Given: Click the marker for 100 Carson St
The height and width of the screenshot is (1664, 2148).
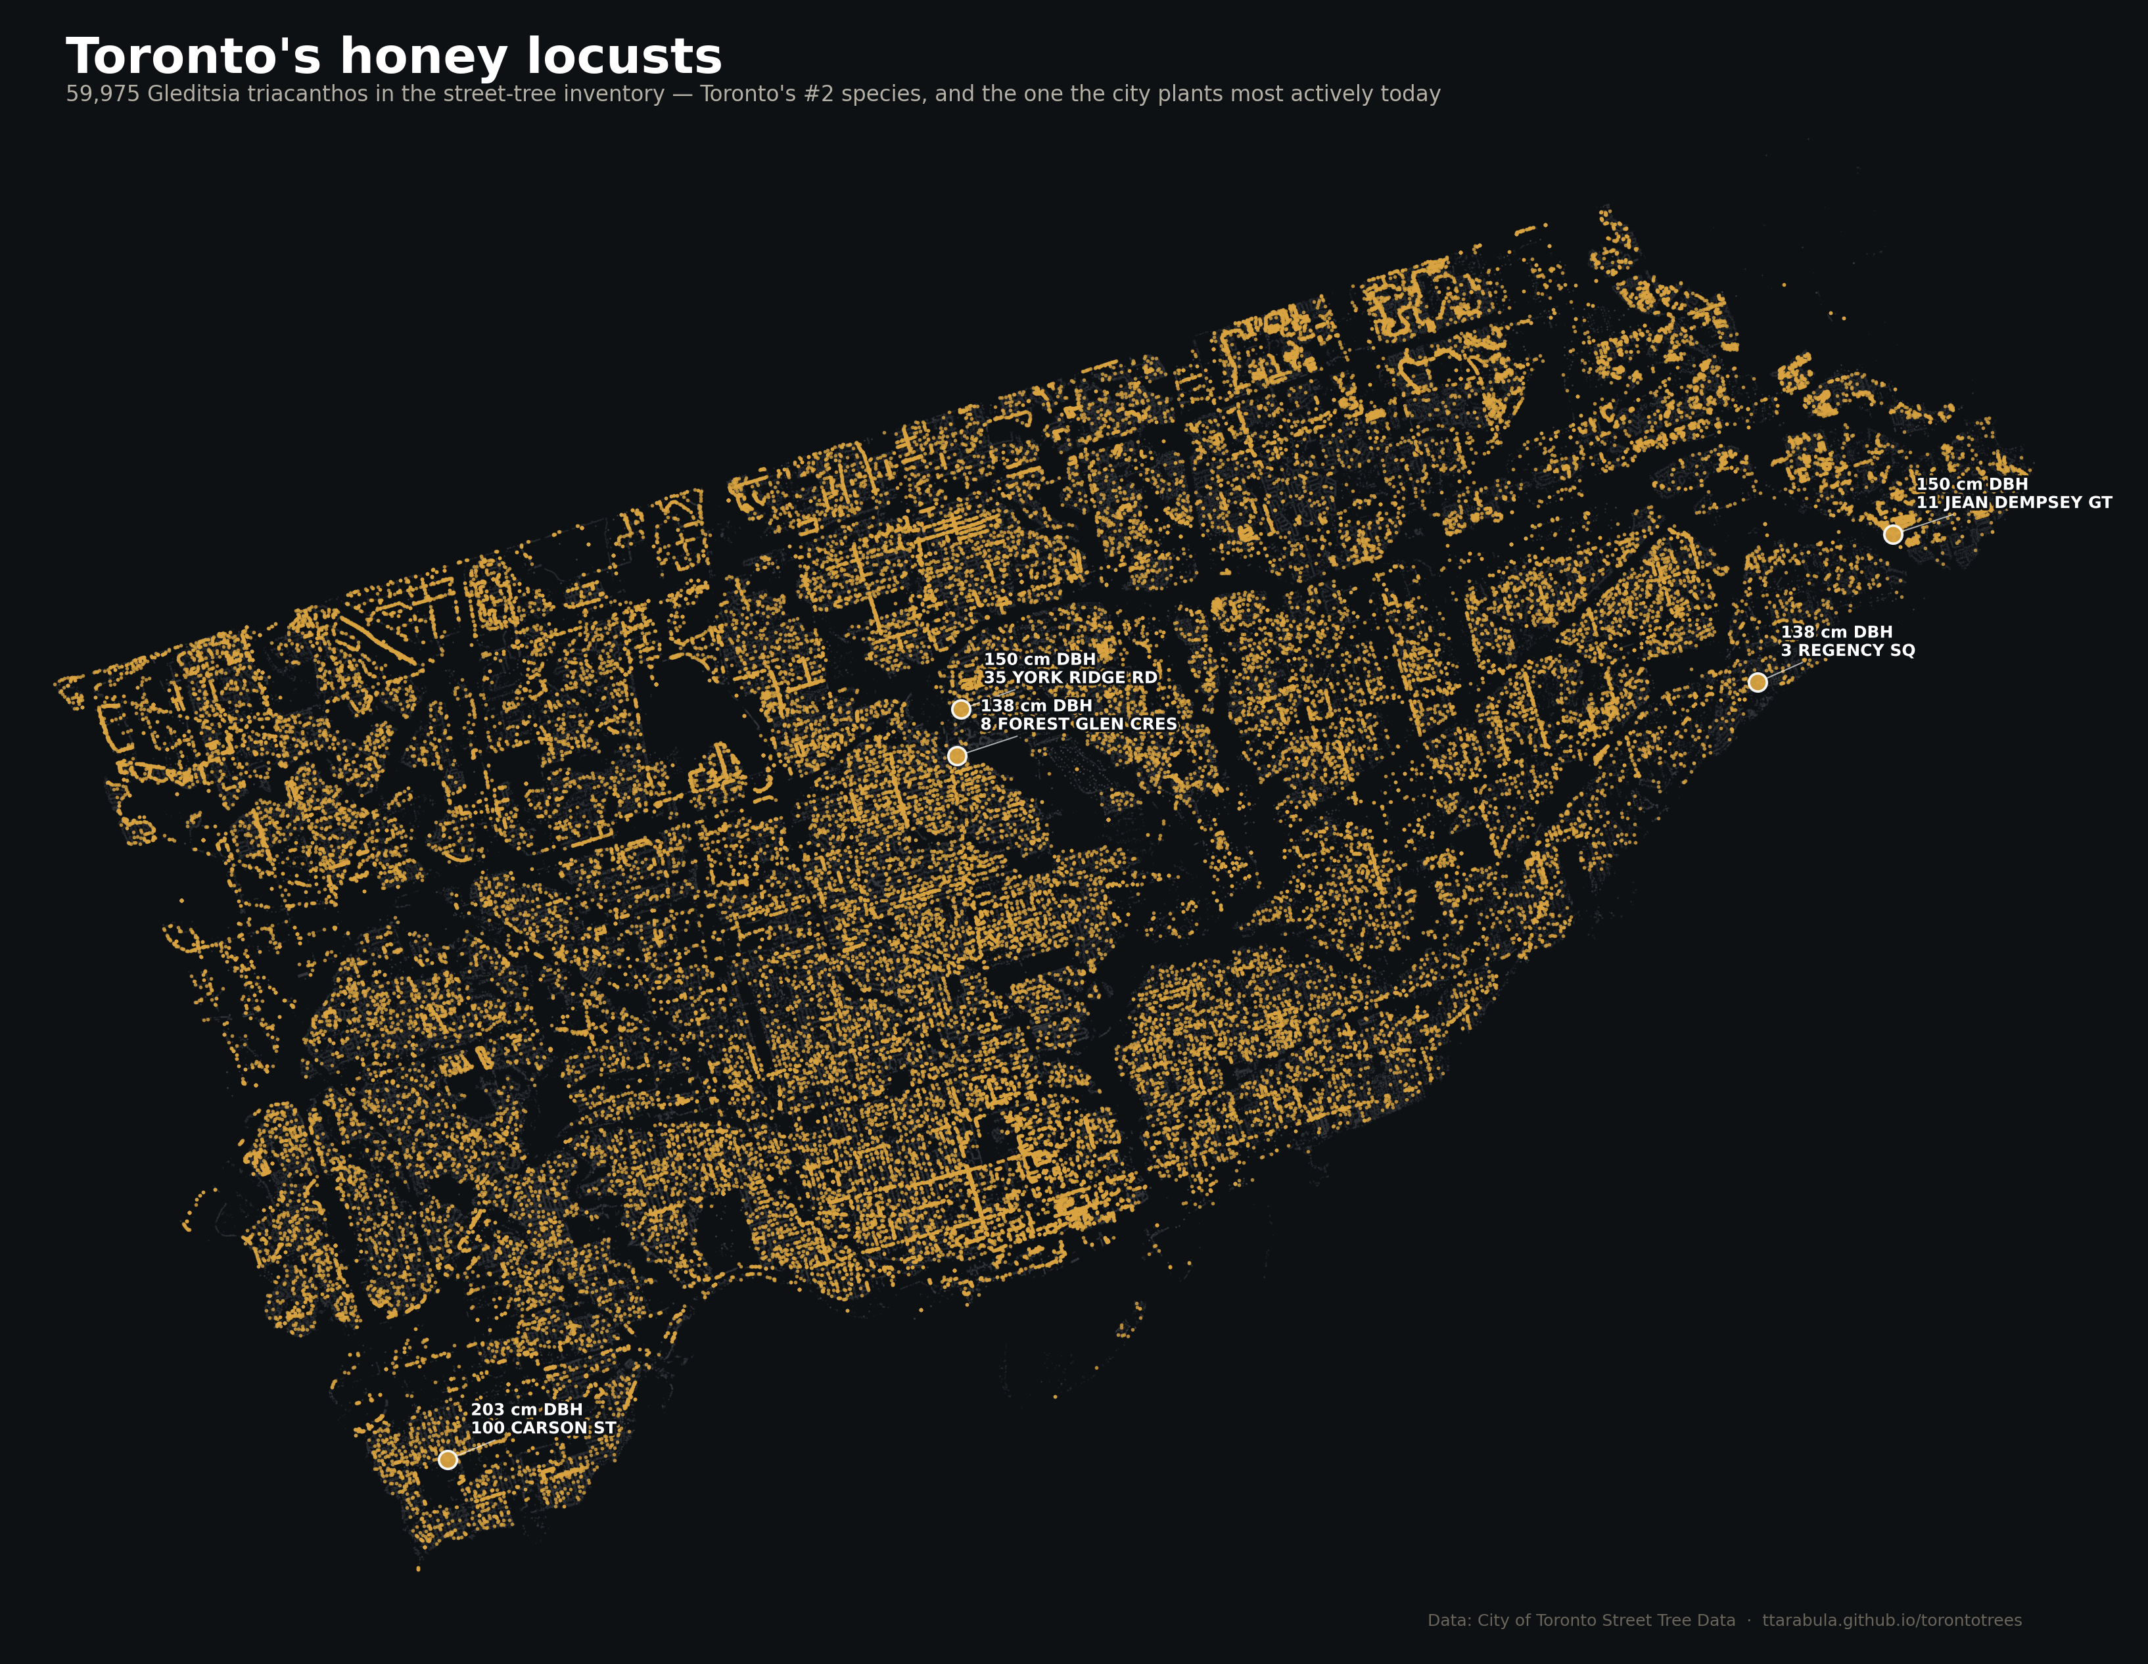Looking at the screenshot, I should [448, 1460].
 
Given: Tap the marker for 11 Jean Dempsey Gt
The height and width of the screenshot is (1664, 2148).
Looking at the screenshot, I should [1892, 534].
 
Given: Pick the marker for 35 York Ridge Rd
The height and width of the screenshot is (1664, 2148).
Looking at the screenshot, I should [961, 709].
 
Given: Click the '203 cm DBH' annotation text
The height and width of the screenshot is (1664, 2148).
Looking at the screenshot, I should [526, 1409].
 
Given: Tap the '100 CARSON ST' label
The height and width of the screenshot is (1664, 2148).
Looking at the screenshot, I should [543, 1428].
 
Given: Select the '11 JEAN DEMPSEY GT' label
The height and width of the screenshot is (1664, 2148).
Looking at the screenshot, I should [2013, 503].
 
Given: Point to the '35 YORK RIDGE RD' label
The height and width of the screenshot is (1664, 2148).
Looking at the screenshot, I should [1070, 678].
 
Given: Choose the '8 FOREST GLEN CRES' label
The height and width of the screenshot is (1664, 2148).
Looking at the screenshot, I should [1078, 724].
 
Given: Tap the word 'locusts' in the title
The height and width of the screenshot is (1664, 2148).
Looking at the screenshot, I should [624, 57].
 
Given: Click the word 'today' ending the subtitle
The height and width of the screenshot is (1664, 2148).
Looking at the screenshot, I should [1413, 95].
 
